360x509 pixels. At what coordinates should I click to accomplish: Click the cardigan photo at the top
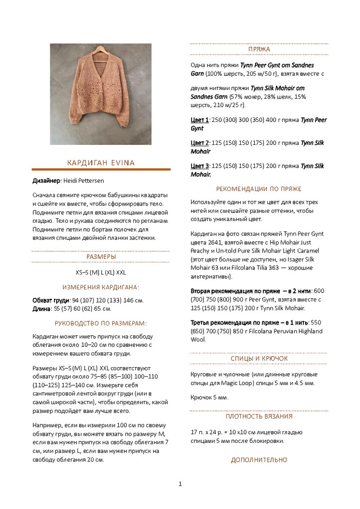pos(100,94)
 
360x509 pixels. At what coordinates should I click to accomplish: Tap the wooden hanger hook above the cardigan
pos(100,47)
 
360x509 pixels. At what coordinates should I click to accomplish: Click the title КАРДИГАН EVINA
pos(101,162)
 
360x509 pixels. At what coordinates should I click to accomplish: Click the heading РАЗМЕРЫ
pos(101,257)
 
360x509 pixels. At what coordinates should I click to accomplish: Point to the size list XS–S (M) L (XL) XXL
pos(101,272)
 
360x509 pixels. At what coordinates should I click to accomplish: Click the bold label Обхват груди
pos(51,300)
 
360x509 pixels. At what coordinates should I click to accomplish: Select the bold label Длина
pos(41,309)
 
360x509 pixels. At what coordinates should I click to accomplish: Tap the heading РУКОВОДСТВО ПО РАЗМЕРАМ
pos(101,323)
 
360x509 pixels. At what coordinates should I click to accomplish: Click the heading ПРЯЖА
pos(259,49)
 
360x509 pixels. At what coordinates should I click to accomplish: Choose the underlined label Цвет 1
pos(199,120)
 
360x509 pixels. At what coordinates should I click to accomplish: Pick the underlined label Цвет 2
pos(199,143)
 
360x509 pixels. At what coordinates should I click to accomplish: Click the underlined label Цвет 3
pos(199,166)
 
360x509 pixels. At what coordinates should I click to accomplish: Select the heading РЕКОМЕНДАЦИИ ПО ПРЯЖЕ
pos(259,189)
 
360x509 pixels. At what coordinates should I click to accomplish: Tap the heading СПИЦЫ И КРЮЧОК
pos(259,358)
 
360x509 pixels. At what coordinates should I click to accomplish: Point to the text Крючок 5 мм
pos(209,397)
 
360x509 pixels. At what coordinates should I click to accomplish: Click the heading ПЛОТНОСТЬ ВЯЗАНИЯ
pos(259,416)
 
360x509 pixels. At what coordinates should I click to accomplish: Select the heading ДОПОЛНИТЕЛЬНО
pos(259,459)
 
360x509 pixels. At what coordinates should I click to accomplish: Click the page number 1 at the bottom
pos(180,484)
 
